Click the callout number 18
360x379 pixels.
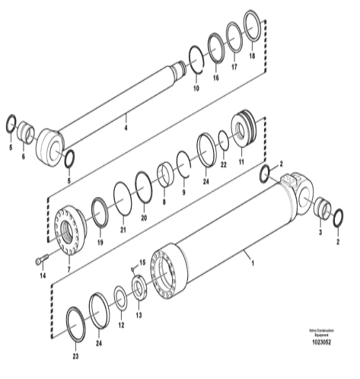click(252, 56)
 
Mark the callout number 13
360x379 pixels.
click(138, 314)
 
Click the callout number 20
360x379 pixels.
click(143, 216)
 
